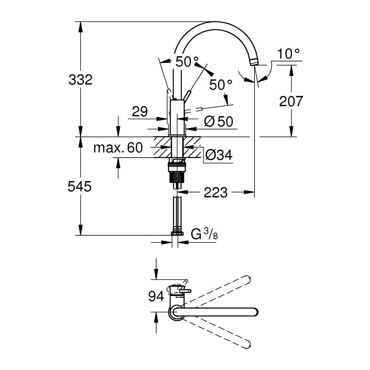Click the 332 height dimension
pyautogui.click(x=80, y=80)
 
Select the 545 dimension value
pyautogui.click(x=80, y=186)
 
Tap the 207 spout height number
pyautogui.click(x=291, y=101)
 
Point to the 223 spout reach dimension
pyautogui.click(x=216, y=192)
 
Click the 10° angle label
pyautogui.click(x=288, y=54)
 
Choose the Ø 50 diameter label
pyautogui.click(x=219, y=122)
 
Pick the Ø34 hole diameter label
pyautogui.click(x=219, y=155)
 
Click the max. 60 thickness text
pyautogui.click(x=118, y=148)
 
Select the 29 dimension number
pyautogui.click(x=140, y=111)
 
